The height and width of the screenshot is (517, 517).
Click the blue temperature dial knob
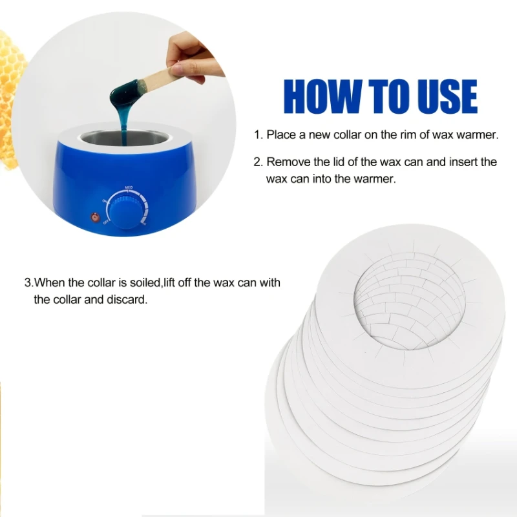click(x=125, y=212)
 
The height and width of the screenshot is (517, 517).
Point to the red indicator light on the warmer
click(x=95, y=218)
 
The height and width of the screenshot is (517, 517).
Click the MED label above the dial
click(x=129, y=187)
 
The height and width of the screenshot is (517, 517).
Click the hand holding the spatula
click(x=191, y=59)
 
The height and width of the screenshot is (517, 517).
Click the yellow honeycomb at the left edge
click(x=10, y=99)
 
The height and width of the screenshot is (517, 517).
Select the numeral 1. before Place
click(x=258, y=135)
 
